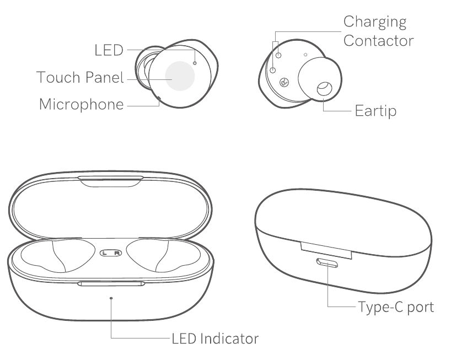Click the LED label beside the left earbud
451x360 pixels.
click(x=109, y=50)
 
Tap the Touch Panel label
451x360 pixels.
click(x=80, y=77)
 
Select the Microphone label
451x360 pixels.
click(x=82, y=104)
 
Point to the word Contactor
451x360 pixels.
click(x=379, y=41)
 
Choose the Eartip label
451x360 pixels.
click(x=375, y=111)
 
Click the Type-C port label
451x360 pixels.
click(x=396, y=308)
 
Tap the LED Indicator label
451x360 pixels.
click(x=215, y=338)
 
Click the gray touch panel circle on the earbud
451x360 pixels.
click(x=180, y=76)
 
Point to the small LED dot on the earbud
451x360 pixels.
click(x=195, y=63)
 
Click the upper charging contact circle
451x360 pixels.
click(x=278, y=55)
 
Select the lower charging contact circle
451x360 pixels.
click(x=273, y=70)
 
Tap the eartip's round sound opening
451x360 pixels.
click(x=324, y=89)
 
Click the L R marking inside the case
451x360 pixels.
click(x=111, y=253)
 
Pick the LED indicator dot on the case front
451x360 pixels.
click(x=111, y=298)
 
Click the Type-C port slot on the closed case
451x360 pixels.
click(x=327, y=263)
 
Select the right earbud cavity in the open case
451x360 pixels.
click(x=163, y=255)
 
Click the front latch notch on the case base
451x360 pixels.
click(x=111, y=284)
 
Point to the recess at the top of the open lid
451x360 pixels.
click(x=111, y=182)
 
